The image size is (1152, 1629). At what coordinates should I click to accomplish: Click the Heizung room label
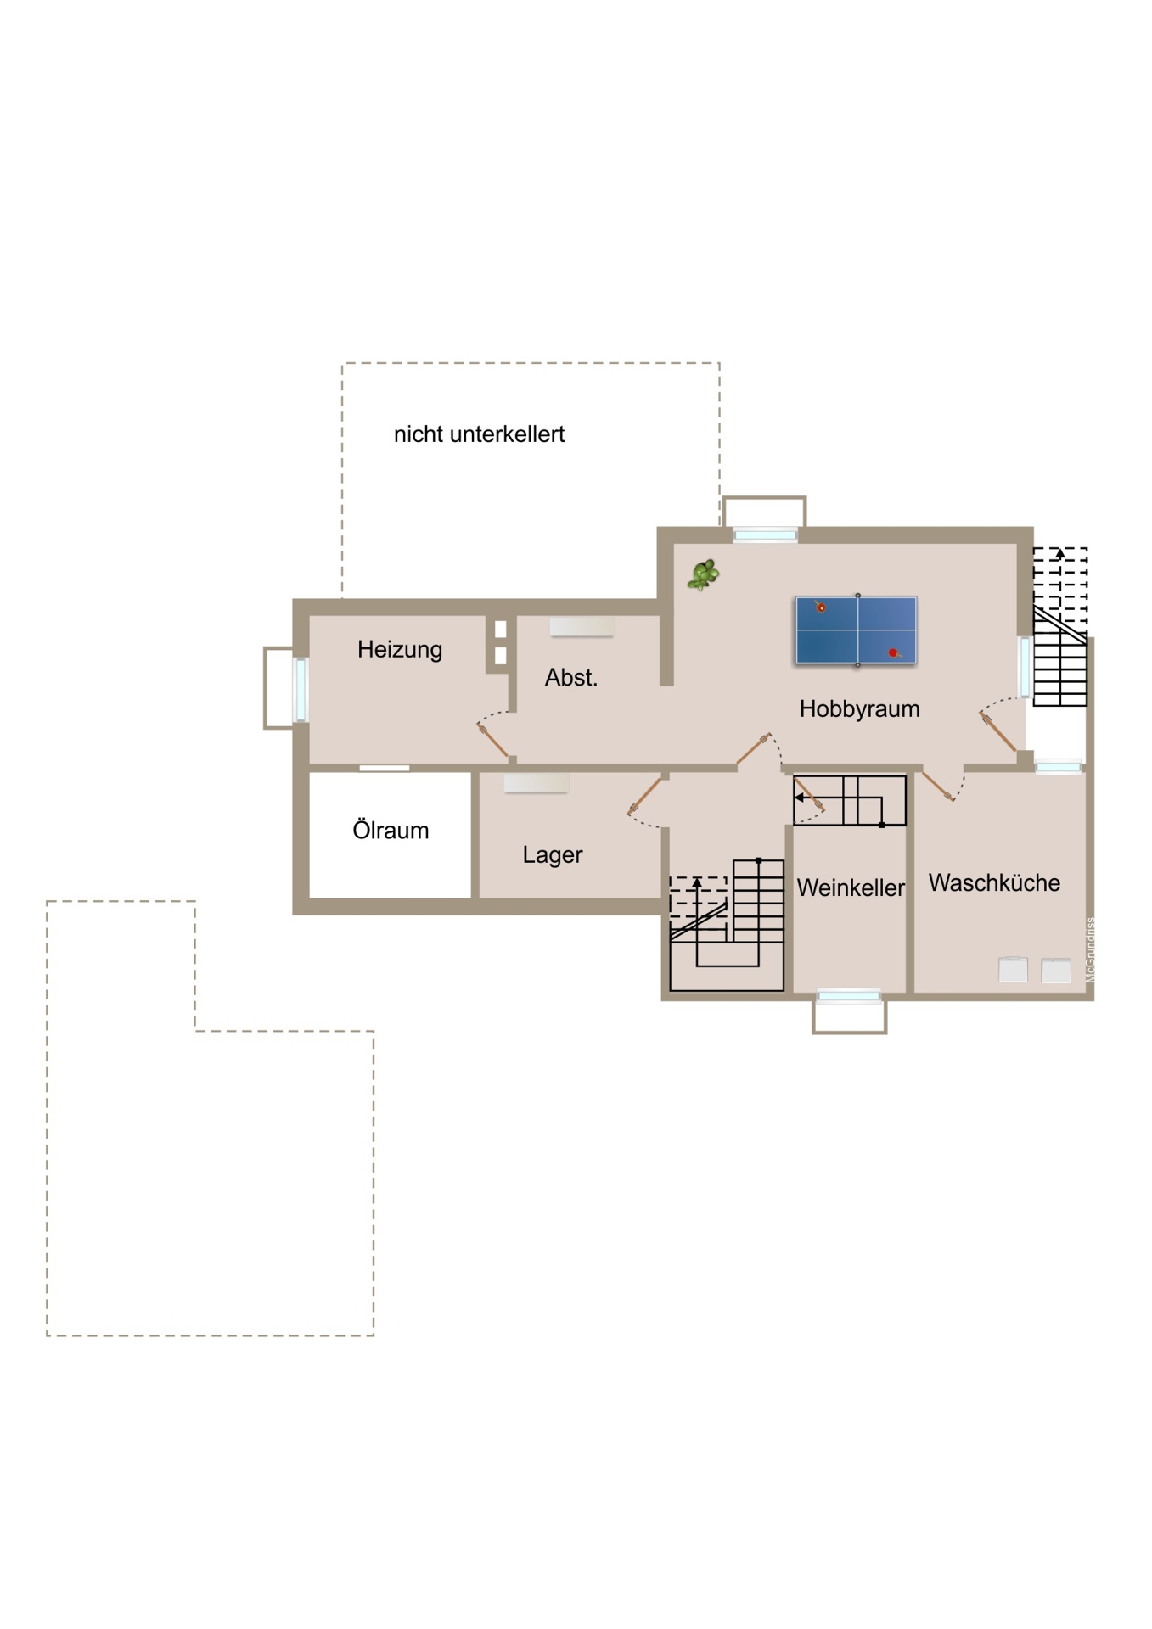tap(399, 650)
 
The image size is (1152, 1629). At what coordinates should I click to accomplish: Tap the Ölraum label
tap(391, 830)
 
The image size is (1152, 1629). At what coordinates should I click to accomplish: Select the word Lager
tap(552, 855)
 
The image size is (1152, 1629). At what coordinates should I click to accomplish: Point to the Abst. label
tap(570, 677)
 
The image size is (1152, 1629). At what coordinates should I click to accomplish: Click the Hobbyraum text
tap(859, 708)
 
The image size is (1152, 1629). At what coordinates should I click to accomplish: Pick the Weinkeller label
tap(850, 887)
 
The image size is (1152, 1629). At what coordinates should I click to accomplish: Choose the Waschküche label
tap(994, 882)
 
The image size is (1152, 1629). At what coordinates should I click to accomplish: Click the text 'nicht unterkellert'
tap(479, 434)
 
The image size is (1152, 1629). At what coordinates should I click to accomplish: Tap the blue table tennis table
tap(856, 630)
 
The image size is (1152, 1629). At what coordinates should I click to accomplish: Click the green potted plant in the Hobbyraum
tap(703, 574)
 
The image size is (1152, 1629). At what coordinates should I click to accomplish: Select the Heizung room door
tap(492, 739)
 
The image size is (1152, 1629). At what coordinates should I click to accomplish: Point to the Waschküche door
tap(938, 787)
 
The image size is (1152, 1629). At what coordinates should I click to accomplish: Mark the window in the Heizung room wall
tap(301, 689)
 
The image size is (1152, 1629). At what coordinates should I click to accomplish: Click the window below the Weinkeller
tap(849, 995)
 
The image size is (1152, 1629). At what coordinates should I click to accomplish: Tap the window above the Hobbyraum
tap(765, 535)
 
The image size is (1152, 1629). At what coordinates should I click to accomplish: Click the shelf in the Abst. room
tap(582, 626)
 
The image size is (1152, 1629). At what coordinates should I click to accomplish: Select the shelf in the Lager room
tap(536, 782)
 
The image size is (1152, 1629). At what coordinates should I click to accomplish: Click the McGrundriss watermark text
tap(1091, 949)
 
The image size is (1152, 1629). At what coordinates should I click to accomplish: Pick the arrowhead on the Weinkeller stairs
tap(799, 798)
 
